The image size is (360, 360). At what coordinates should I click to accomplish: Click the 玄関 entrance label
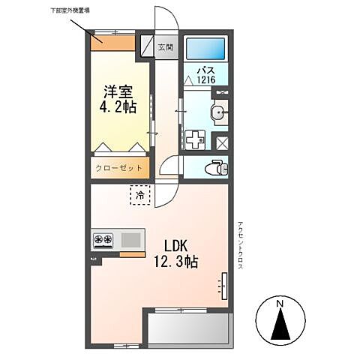[165, 47]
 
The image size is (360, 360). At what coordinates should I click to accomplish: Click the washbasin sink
[219, 114]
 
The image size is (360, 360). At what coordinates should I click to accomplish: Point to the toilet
[218, 166]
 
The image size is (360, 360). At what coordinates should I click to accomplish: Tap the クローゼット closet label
[119, 169]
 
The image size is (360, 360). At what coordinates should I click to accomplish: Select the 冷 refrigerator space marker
[140, 195]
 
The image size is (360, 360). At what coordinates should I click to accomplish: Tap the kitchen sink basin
[130, 240]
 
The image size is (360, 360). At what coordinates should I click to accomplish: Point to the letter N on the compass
[280, 304]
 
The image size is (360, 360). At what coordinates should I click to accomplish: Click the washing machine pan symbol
[194, 139]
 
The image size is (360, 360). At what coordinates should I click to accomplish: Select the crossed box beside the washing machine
[221, 140]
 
